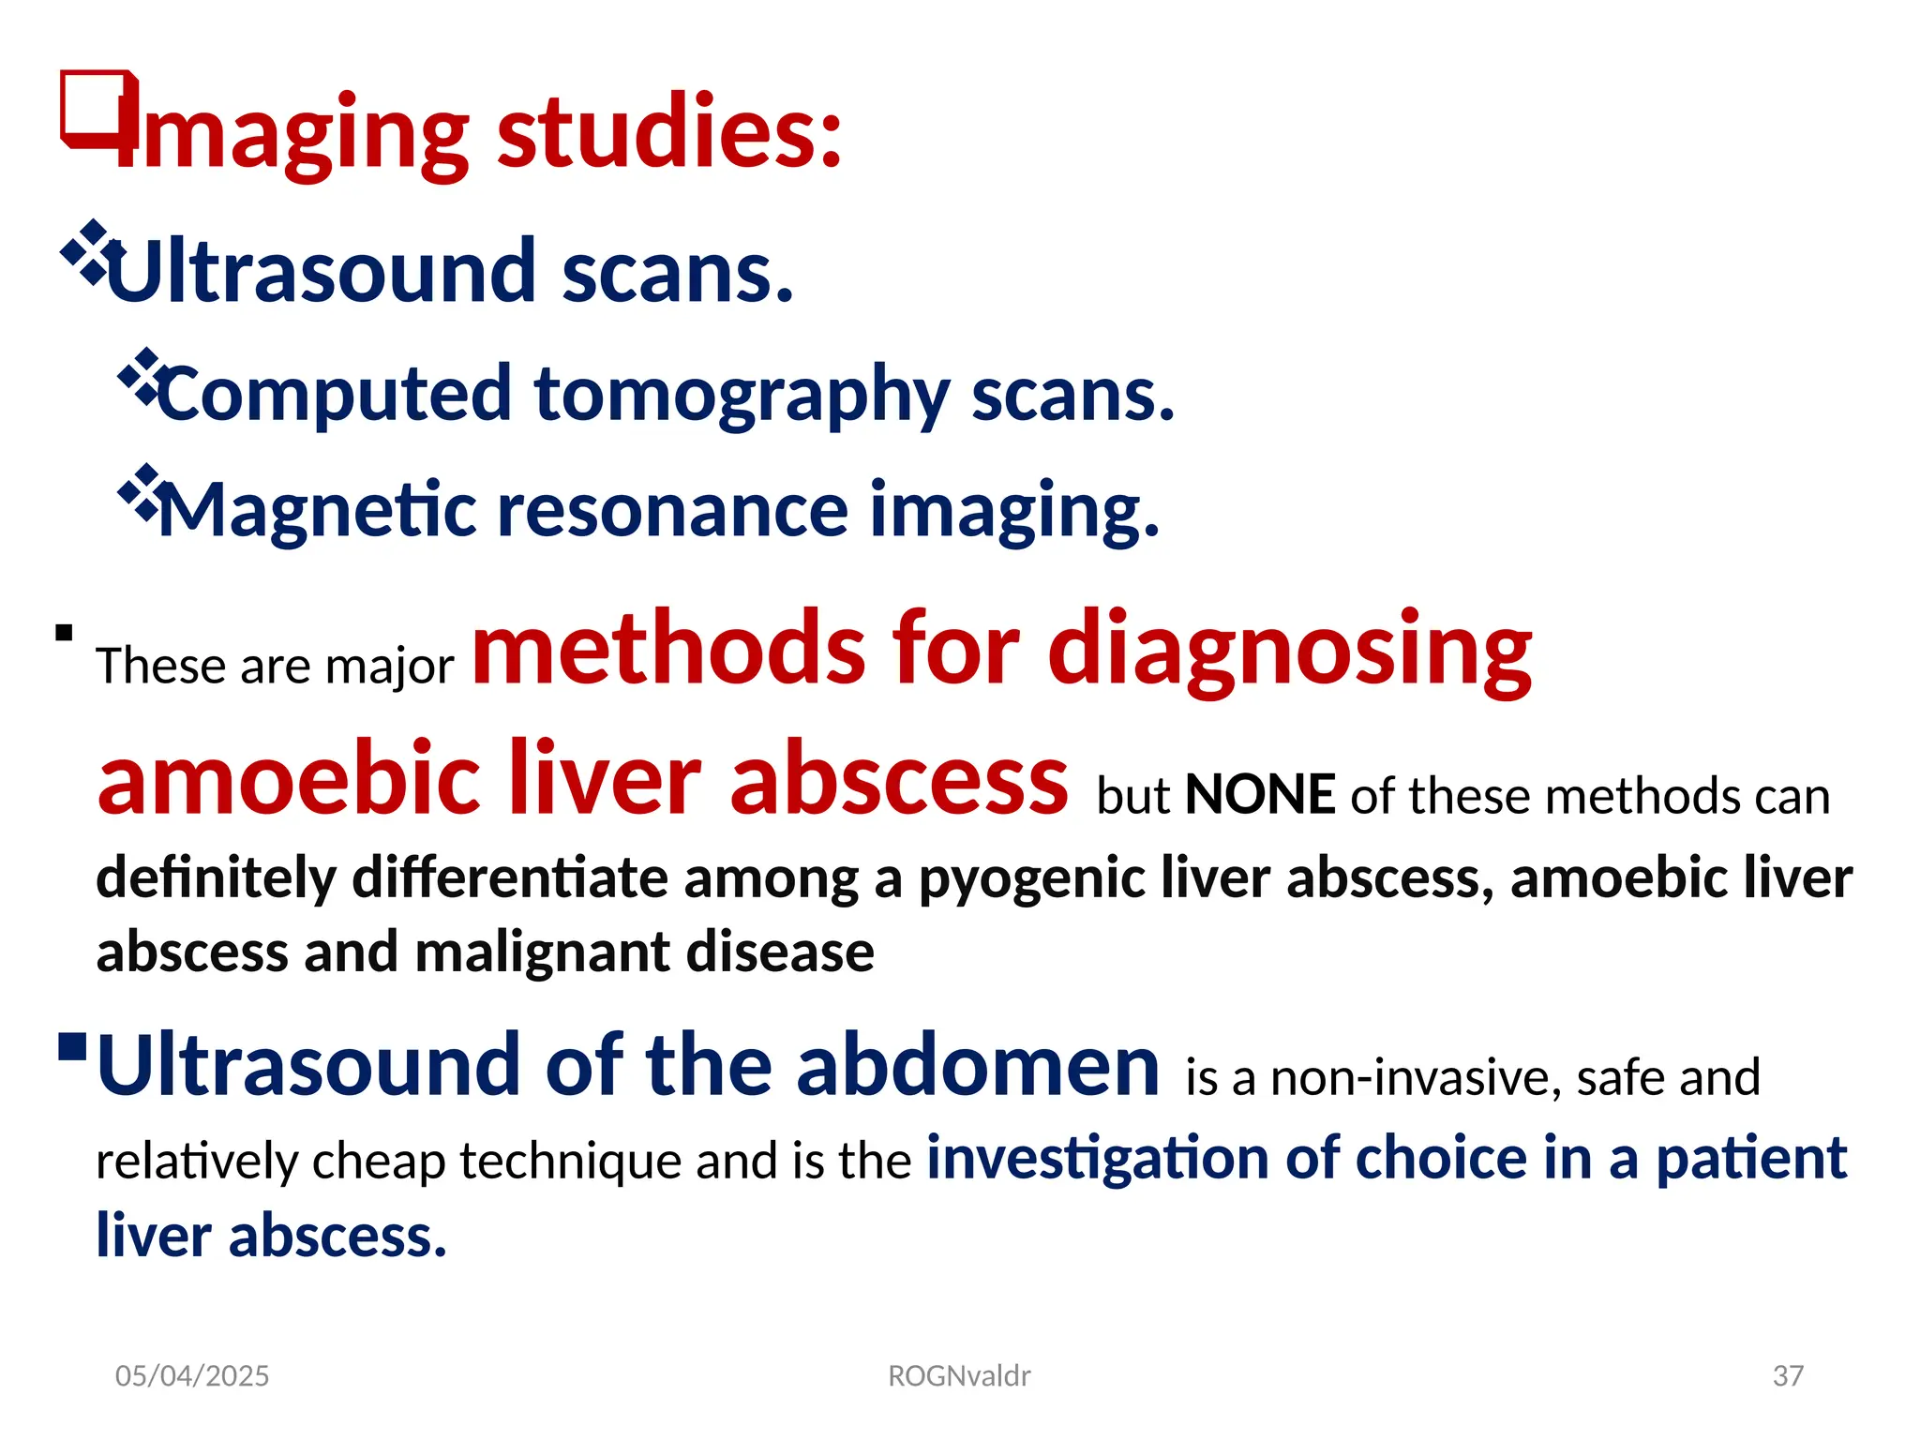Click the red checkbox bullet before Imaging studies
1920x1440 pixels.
pyautogui.click(x=97, y=108)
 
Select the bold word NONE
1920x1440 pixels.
pyautogui.click(x=1259, y=795)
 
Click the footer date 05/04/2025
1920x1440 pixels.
pyautogui.click(x=192, y=1375)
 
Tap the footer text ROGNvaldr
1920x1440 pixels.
pyautogui.click(x=959, y=1375)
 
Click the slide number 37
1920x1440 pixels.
pyautogui.click(x=1788, y=1375)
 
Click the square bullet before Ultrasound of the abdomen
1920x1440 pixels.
pyautogui.click(x=72, y=1046)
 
